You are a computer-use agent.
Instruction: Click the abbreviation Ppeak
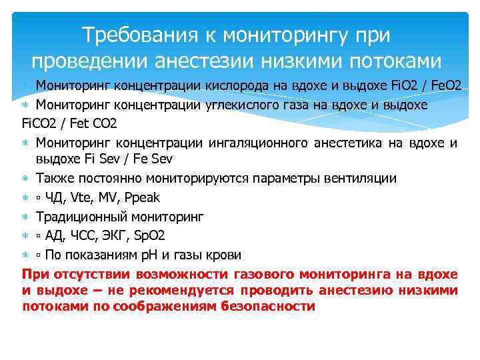point(141,198)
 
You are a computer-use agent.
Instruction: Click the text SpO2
point(150,236)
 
